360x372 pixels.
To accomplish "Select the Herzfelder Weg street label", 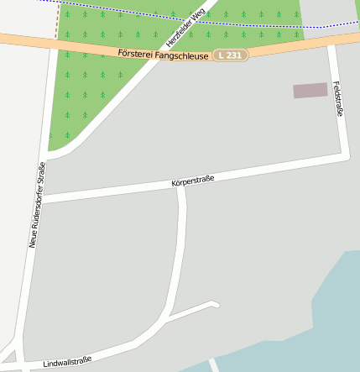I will click(x=185, y=28).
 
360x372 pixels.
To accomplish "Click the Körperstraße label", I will click(x=192, y=180).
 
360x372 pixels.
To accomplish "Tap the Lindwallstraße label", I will click(x=67, y=360).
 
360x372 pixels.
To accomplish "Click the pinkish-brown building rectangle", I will click(x=310, y=90).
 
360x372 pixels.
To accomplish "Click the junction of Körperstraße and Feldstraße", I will click(x=346, y=155).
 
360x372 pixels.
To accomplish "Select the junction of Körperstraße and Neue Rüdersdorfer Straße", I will click(x=39, y=199).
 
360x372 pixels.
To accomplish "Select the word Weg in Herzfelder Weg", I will click(x=198, y=15).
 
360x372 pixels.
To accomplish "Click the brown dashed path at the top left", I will click(x=58, y=21).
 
